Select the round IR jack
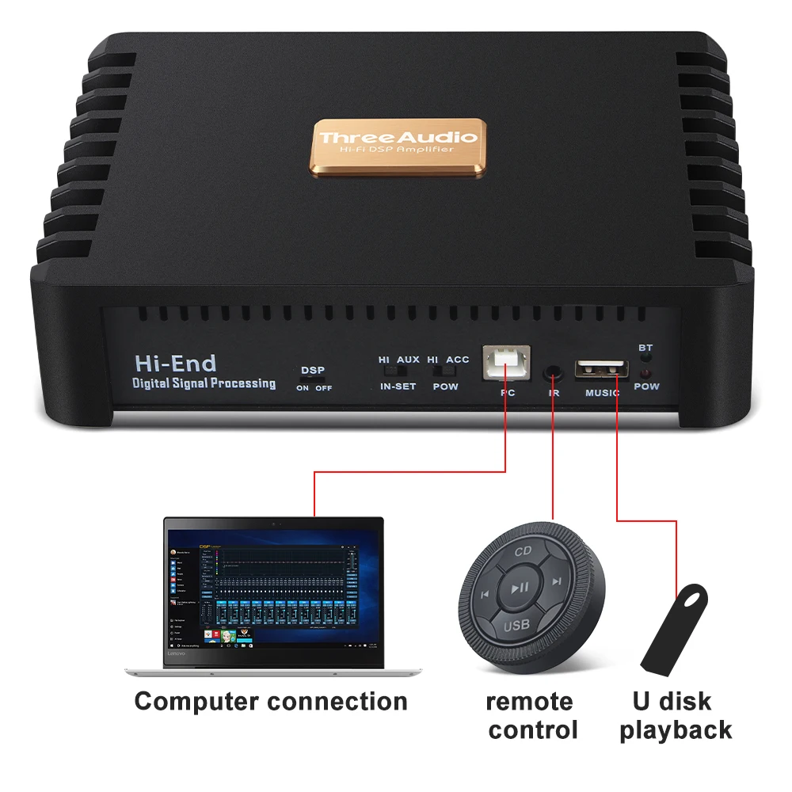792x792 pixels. click(554, 371)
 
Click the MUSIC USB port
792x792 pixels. click(602, 368)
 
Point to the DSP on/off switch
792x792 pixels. click(314, 379)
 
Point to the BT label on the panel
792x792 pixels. click(645, 347)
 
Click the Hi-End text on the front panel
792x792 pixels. click(175, 364)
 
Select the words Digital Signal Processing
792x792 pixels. click(204, 384)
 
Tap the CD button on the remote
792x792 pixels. click(523, 551)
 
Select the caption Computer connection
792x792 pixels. click(271, 701)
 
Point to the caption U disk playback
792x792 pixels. click(675, 715)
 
